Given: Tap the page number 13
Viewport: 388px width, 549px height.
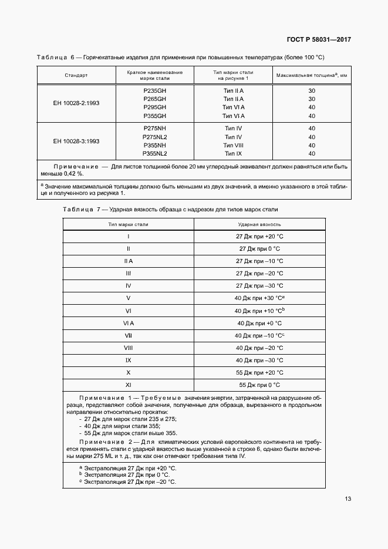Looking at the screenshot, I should point(348,499).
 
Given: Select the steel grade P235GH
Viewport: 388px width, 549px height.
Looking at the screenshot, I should point(155,91).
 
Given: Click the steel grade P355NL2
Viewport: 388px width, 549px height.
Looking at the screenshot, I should point(155,154).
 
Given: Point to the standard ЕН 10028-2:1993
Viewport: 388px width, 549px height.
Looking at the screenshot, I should point(76,103).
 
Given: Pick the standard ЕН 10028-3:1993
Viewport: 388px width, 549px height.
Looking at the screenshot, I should point(76,141).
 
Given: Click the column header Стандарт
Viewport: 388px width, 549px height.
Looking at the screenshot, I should point(76,76).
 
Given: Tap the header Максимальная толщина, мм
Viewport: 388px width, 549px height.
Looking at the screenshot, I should point(312,75).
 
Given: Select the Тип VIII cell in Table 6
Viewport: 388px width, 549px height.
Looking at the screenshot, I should point(233,145).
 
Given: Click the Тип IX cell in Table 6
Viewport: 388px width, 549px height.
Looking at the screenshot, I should point(233,154).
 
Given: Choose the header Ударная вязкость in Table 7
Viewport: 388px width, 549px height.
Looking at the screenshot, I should point(259,224).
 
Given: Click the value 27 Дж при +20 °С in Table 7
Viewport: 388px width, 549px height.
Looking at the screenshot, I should point(259,237).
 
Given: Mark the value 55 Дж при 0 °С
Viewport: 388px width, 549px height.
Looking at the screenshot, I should point(259,385).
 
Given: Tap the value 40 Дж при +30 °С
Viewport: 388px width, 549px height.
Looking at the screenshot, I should point(259,298).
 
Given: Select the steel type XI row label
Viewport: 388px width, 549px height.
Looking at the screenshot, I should point(128,385).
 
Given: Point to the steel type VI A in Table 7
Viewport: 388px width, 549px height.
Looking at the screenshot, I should point(128,323).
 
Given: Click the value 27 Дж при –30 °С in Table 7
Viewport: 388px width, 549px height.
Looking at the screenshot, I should point(259,286).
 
